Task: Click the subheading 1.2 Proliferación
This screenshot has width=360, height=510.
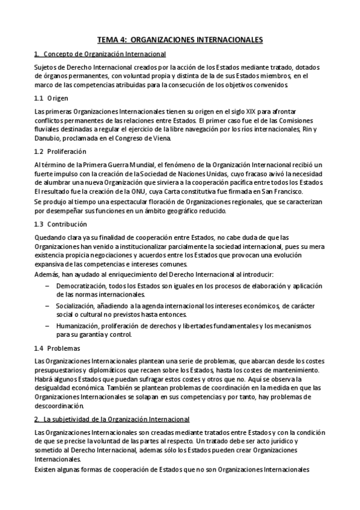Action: pos(60,151)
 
